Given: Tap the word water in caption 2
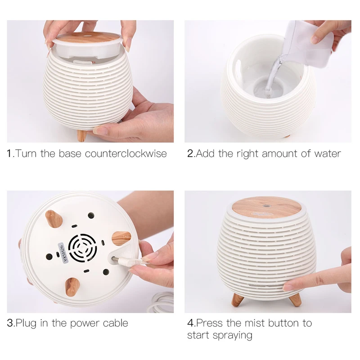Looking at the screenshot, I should (328, 153).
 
